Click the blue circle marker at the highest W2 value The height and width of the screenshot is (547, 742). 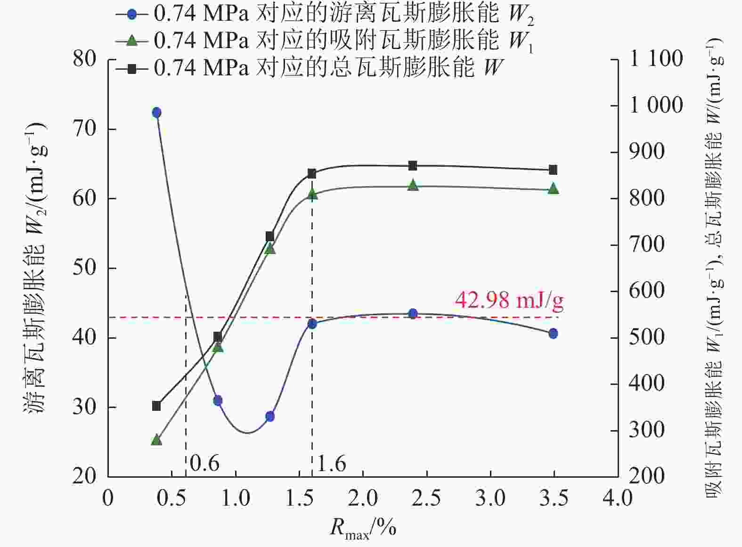(157, 113)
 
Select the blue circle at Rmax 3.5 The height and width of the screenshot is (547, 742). (553, 334)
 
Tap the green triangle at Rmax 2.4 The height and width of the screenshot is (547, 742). (413, 185)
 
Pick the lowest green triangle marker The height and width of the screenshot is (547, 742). (157, 440)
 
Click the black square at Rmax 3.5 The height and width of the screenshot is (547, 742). (553, 170)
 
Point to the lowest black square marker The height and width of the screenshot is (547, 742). (157, 406)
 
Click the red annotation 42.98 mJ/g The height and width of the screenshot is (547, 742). (509, 300)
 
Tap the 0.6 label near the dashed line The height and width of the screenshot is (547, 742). (204, 464)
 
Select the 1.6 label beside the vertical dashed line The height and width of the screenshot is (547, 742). (331, 464)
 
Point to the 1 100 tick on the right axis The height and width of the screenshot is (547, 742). (656, 59)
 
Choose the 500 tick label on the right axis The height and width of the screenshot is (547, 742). (646, 337)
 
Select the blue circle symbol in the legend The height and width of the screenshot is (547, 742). (132, 14)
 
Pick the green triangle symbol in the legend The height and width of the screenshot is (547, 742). (132, 41)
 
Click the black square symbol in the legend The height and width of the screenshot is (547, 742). (132, 69)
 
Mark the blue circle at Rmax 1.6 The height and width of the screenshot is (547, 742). (312, 324)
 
